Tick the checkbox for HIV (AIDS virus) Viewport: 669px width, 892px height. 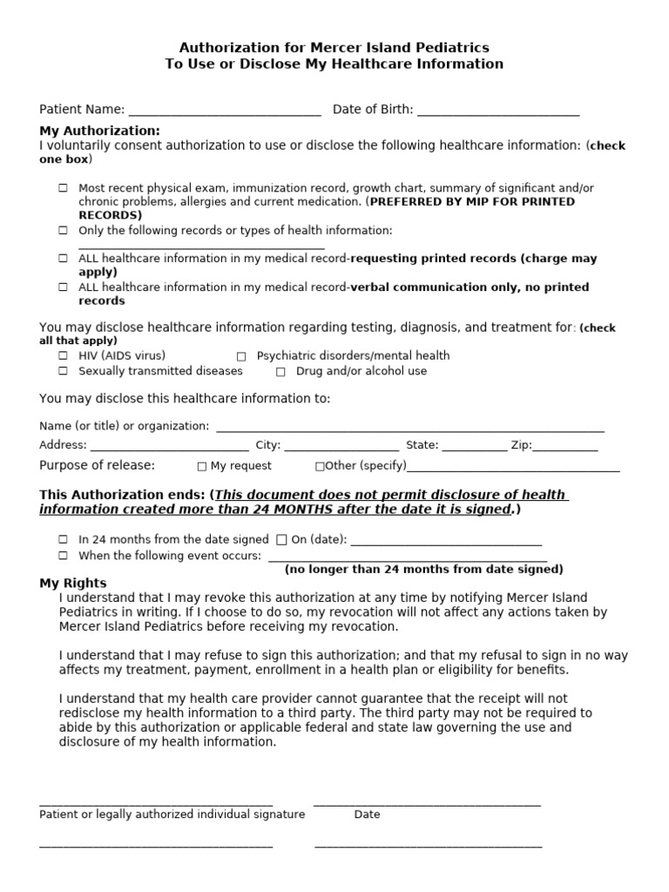tap(64, 356)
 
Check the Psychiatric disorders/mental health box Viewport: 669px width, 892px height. tap(241, 356)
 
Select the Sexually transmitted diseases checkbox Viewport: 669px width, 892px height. tap(64, 371)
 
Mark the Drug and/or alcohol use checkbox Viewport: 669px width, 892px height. tap(280, 372)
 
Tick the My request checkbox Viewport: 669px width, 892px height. tap(202, 466)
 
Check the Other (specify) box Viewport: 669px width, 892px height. tap(320, 466)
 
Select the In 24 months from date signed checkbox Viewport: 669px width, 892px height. tap(64, 540)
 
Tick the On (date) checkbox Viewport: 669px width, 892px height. tap(281, 540)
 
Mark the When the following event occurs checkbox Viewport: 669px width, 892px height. tap(64, 556)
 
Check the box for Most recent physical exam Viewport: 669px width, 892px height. tap(64, 188)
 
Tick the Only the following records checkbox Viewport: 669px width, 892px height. tap(64, 231)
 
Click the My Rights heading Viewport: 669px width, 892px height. tap(73, 583)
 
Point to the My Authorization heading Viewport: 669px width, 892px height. tap(87, 131)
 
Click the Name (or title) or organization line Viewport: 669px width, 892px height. tap(409, 429)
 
